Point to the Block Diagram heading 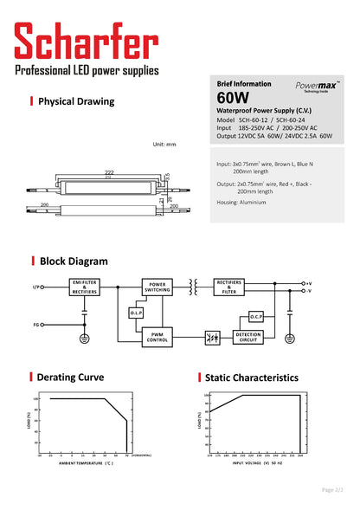click(74, 261)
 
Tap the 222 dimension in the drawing click(109, 172)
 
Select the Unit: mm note click(164, 144)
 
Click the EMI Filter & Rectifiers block click(84, 287)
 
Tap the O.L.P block click(137, 312)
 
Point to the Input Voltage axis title click(256, 463)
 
